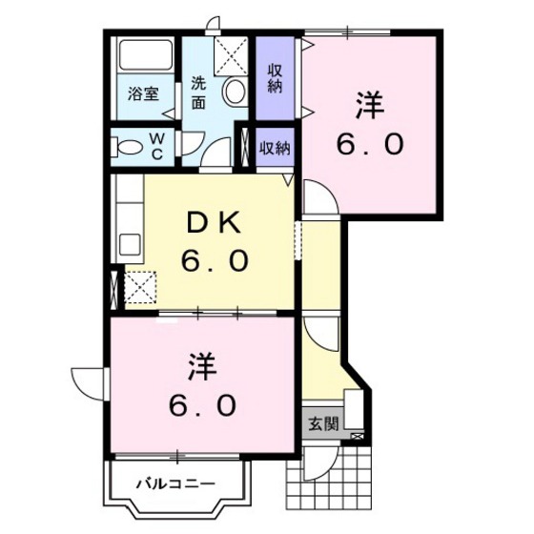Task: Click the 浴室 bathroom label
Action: pos(143,93)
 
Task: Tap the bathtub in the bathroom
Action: pos(146,55)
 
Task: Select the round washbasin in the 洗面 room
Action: pos(234,92)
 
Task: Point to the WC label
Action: pos(156,147)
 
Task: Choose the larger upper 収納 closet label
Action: pos(275,78)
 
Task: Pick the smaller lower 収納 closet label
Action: pos(275,148)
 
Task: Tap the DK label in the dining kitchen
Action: pos(215,223)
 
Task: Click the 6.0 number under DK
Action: pos(215,260)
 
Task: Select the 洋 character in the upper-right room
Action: pos(370,105)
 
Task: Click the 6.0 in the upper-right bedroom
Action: pos(370,143)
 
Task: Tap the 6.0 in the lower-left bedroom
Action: pos(202,405)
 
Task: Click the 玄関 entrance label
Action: pos(323,424)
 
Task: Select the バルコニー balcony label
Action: pos(176,484)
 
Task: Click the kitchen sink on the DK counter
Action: pos(130,244)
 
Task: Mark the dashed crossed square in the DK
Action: pos(140,287)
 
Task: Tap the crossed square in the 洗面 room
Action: pos(231,55)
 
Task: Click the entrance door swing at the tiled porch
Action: pos(320,464)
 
